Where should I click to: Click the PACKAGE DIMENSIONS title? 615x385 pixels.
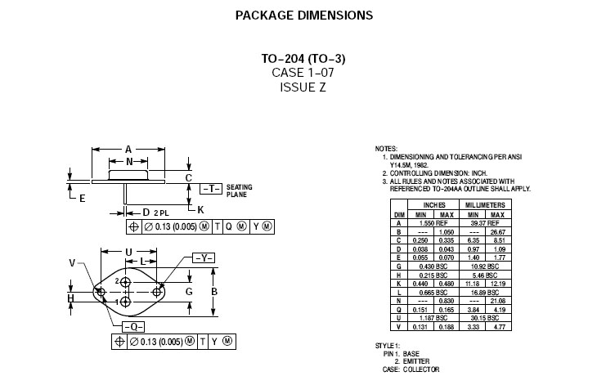[x=303, y=15]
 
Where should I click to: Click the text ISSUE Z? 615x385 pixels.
[x=303, y=87]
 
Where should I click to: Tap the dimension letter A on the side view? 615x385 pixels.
[x=128, y=150]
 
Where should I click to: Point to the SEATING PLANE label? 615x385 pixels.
[x=239, y=191]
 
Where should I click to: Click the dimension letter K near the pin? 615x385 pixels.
[x=201, y=208]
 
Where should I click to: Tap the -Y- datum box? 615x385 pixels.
[x=204, y=258]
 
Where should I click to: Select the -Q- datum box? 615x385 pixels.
[x=120, y=325]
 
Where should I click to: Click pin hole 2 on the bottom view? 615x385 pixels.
[x=126, y=281]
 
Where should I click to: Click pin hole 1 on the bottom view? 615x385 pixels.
[x=126, y=302]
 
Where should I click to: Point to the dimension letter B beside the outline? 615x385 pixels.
[x=214, y=292]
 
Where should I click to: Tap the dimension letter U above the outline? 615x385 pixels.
[x=128, y=252]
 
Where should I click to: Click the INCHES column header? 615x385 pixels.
[x=434, y=204]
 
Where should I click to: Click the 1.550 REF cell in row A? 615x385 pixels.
[x=434, y=222]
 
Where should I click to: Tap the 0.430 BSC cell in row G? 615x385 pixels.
[x=434, y=267]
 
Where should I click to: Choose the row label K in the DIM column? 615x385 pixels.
[x=398, y=283]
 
